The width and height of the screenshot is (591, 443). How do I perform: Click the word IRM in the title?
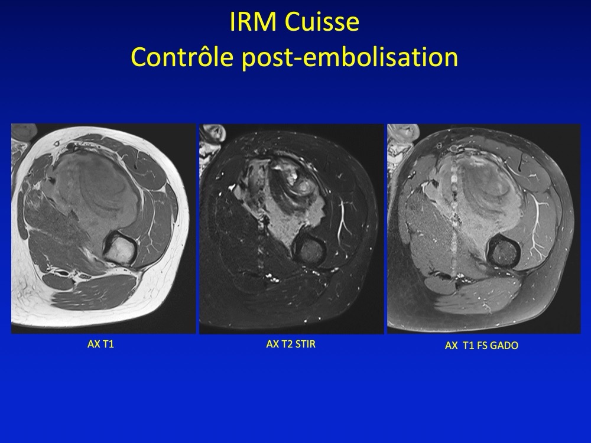[254, 22]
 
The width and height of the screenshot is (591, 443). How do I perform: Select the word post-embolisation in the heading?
[350, 58]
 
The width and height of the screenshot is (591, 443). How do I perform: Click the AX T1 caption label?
[100, 344]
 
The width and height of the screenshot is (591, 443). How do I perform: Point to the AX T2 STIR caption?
[291, 344]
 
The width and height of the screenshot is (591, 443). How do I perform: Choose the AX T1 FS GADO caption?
[481, 346]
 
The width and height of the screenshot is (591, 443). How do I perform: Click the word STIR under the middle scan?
[306, 344]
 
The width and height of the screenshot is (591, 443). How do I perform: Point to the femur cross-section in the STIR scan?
[309, 250]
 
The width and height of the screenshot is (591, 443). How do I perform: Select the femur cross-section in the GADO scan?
[505, 252]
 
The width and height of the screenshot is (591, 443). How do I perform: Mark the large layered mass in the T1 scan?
[102, 188]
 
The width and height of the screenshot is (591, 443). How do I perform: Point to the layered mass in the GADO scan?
[479, 192]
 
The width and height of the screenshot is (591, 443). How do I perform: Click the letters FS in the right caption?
[482, 346]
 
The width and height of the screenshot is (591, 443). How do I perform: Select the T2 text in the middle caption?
[287, 344]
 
